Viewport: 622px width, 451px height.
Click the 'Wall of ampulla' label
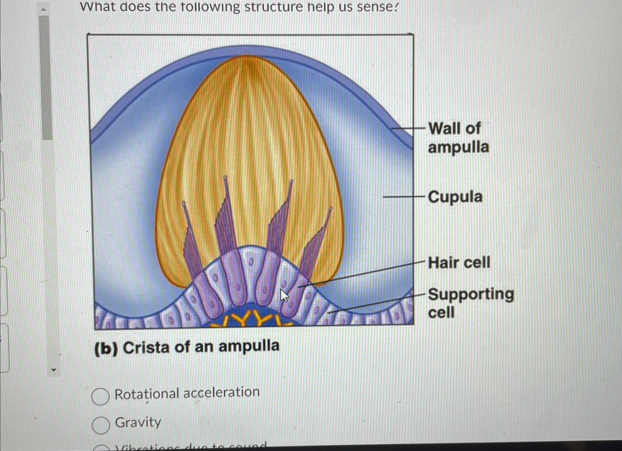click(x=458, y=138)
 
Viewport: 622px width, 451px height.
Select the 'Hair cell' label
click(x=459, y=263)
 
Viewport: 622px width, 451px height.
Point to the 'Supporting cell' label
click(x=471, y=303)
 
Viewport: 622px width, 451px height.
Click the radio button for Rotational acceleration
click(x=100, y=397)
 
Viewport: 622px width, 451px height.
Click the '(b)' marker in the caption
click(x=106, y=349)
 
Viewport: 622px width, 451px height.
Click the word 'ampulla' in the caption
click(x=249, y=346)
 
